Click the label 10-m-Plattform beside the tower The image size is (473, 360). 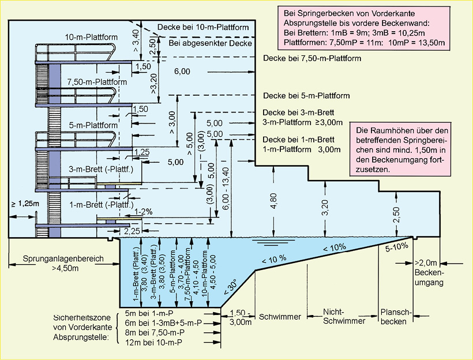coord(91,37)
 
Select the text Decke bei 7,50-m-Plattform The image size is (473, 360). coord(312,59)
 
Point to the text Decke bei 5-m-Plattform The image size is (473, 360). coord(306,96)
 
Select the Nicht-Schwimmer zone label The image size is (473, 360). coord(340,316)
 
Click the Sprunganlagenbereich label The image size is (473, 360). coord(56,259)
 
